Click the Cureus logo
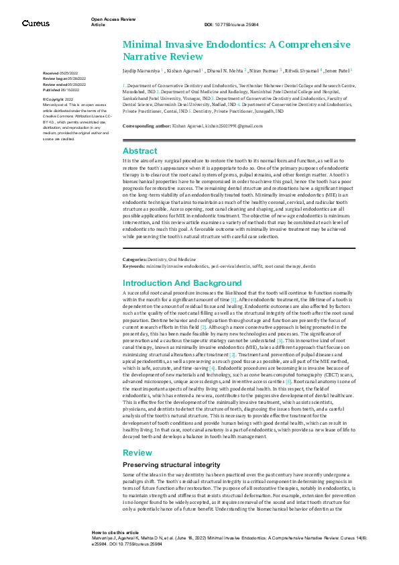(x=36, y=23)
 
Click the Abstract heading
(x=139, y=151)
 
